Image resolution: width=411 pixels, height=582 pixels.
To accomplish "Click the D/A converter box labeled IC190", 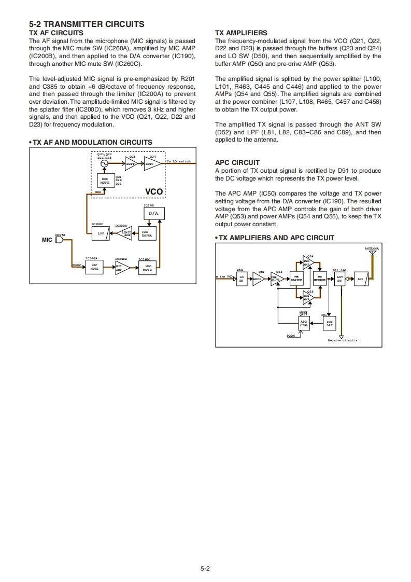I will (153, 213).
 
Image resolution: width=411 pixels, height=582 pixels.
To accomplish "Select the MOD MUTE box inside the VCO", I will (104, 180).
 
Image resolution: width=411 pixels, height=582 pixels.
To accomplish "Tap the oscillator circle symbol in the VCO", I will (104, 163).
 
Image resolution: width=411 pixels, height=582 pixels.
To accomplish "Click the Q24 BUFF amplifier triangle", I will (150, 163).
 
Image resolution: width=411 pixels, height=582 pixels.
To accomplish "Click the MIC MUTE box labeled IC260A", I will (94, 268).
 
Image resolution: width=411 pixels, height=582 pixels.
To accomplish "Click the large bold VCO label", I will (154, 192).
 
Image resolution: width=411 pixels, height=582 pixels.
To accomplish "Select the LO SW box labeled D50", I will (240, 279).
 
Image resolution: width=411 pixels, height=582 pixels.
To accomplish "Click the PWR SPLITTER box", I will (296, 279).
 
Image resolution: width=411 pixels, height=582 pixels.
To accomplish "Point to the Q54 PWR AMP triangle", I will (308, 263).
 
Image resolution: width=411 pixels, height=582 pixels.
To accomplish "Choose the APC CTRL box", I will (304, 324).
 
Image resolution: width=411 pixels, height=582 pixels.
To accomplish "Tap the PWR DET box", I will (329, 324).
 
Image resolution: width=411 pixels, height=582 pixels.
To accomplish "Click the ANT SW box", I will (339, 279).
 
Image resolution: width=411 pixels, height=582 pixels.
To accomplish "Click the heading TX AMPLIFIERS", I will (241, 33).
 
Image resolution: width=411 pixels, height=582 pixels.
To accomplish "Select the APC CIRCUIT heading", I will (237, 162).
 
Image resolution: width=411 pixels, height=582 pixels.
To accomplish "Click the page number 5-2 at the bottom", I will (205, 569).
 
